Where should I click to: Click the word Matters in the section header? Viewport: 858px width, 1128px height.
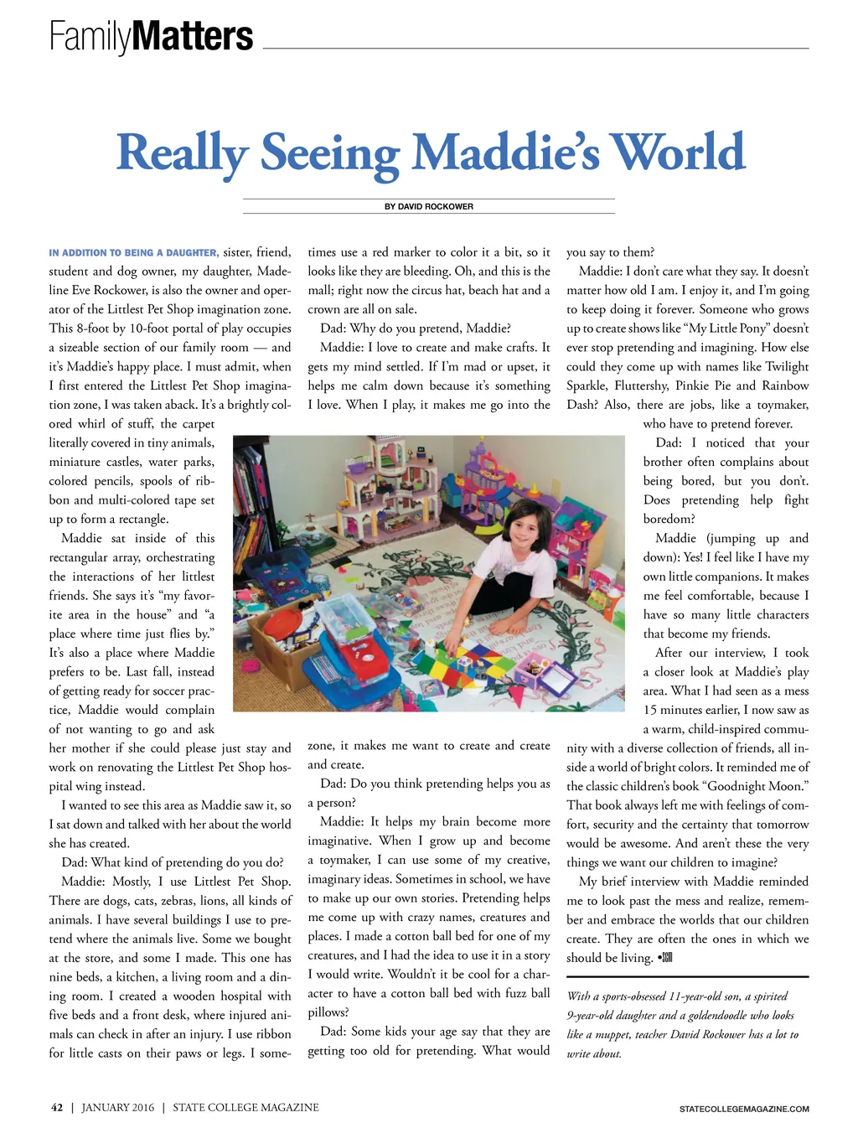click(193, 36)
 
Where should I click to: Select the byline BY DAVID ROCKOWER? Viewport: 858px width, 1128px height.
click(428, 206)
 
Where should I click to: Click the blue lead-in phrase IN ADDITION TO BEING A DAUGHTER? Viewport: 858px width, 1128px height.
click(133, 252)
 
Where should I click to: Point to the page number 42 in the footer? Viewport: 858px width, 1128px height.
click(57, 1107)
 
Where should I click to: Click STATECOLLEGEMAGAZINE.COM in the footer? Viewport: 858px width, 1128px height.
click(744, 1109)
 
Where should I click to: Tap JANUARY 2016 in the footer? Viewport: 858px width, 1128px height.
click(118, 1107)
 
